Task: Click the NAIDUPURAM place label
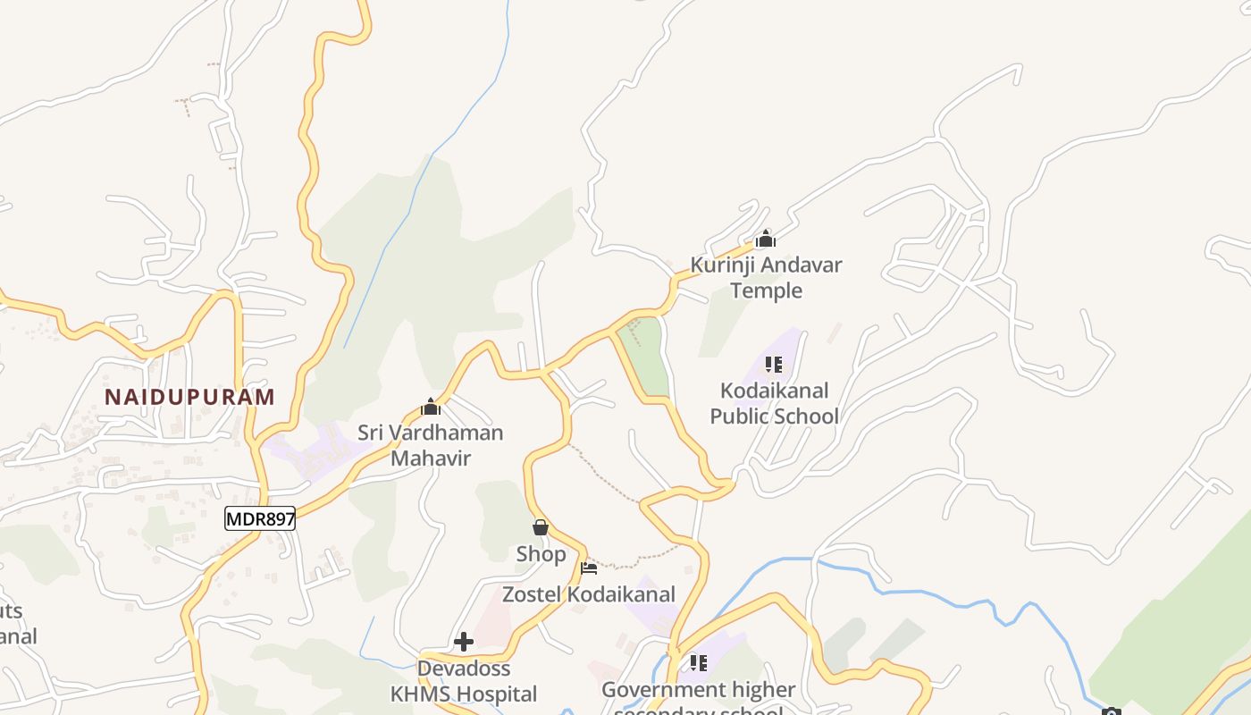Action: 189,397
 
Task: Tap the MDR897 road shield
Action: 260,518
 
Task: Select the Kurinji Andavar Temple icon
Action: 766,239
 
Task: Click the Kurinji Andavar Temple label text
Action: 766,277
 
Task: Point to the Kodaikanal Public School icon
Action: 774,365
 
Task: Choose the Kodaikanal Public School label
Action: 774,403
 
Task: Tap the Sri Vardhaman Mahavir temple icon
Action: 431,408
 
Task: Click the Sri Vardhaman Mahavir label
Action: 431,445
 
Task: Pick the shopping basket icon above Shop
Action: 540,527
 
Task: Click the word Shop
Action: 541,554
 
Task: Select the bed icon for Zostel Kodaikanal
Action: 589,568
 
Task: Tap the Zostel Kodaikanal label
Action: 589,594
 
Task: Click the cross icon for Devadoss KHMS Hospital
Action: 464,641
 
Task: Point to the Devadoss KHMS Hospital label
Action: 464,681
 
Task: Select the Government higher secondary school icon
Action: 698,663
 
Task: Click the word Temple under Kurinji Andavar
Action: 766,290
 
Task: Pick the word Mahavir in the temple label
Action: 431,458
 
